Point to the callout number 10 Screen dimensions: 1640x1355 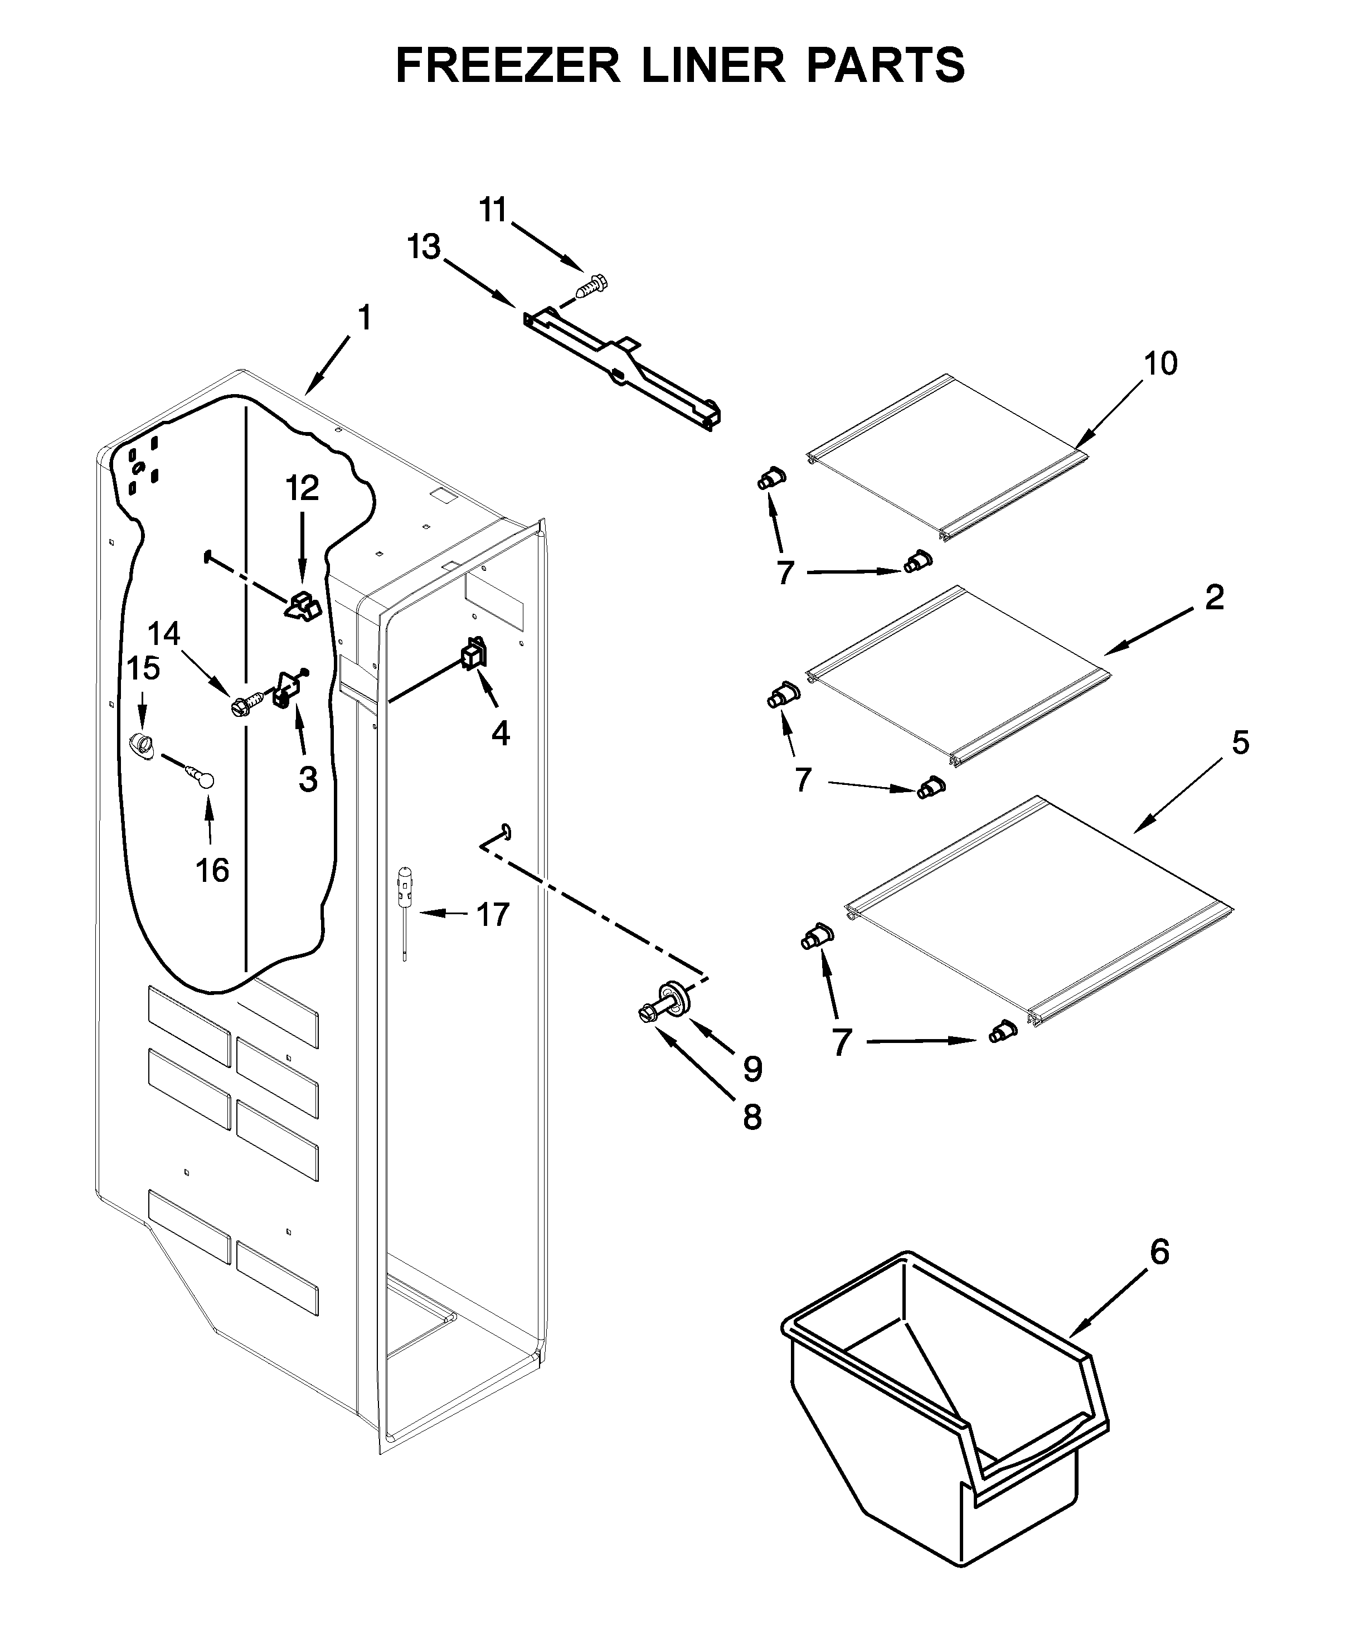[1160, 363]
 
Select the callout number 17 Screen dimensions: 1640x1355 [493, 913]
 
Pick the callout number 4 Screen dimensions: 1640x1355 [501, 732]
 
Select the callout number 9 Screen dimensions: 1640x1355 [752, 1069]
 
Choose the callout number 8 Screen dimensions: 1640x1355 [752, 1118]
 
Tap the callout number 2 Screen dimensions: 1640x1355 [1214, 598]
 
